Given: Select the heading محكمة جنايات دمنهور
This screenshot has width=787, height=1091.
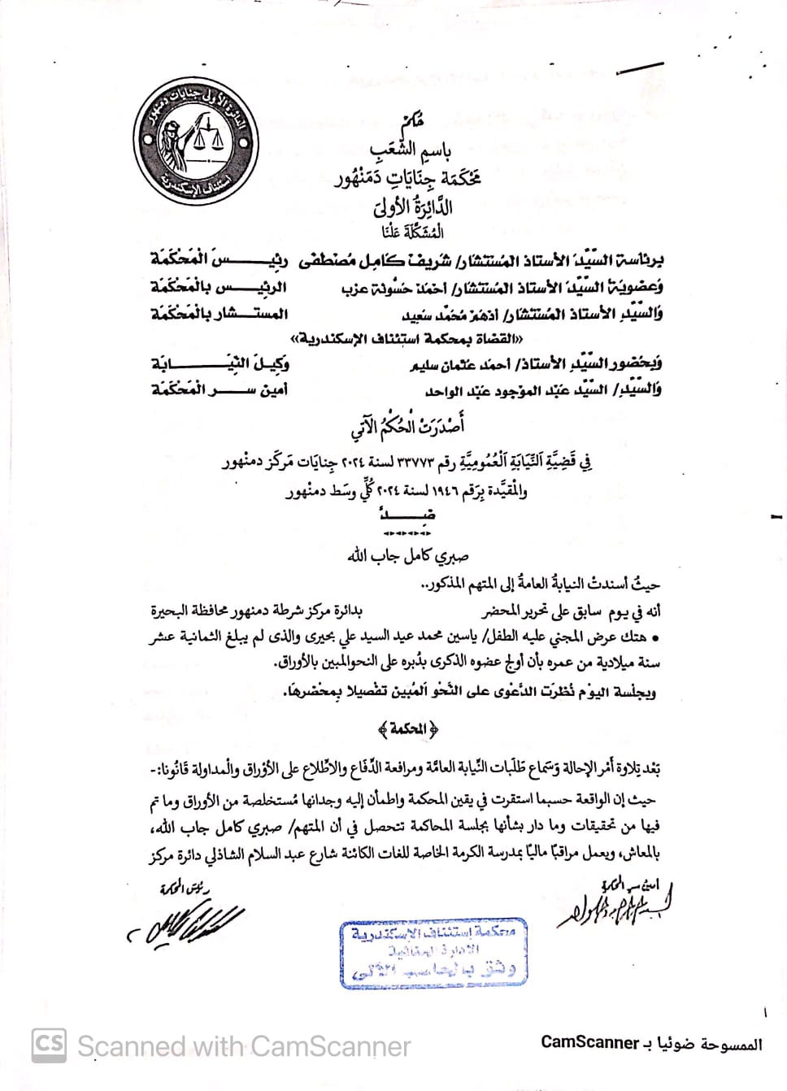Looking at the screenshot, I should tap(408, 177).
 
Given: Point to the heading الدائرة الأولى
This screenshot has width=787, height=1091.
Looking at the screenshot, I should tap(413, 206).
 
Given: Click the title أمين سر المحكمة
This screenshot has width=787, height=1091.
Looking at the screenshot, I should tap(220, 389).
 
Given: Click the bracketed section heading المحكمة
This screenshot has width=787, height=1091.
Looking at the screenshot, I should tap(404, 728).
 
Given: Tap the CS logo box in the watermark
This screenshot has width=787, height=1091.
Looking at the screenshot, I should tap(48, 1043).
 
